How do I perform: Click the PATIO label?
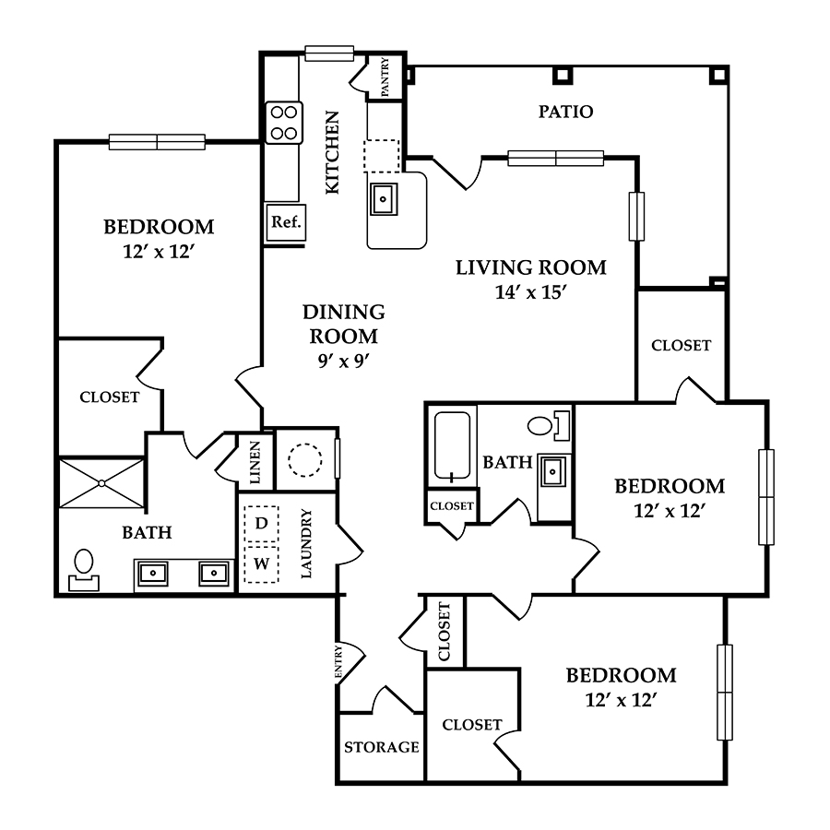(x=565, y=112)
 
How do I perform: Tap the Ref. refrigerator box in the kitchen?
(x=286, y=222)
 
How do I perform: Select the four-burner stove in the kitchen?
(x=284, y=123)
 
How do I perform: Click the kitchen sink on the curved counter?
(x=384, y=199)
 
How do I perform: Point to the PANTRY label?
(x=385, y=77)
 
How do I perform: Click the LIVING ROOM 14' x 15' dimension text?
(x=531, y=292)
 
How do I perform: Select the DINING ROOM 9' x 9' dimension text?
(x=344, y=361)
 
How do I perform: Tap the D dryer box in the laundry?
(x=262, y=524)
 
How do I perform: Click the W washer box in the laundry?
(x=262, y=564)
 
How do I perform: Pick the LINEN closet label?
(x=255, y=462)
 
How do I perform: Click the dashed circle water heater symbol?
(x=305, y=460)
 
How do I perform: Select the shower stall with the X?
(x=101, y=483)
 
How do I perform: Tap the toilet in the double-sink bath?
(x=84, y=571)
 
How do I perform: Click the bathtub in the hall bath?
(x=452, y=447)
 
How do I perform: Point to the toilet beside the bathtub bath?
(x=549, y=425)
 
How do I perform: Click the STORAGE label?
(x=381, y=747)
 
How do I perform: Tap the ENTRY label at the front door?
(x=338, y=660)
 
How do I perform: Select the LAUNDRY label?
(x=306, y=543)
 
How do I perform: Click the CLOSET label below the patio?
(x=681, y=346)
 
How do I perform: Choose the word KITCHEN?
(x=332, y=152)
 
